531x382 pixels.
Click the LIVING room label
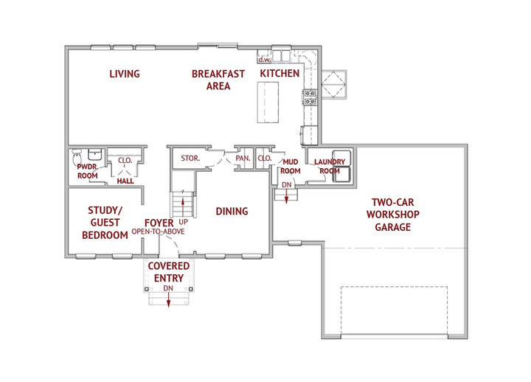125,74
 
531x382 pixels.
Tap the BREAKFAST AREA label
218,80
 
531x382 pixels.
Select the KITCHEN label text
280,74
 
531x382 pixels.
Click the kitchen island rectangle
268,103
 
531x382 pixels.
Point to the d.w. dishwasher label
265,60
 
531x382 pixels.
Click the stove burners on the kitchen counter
310,97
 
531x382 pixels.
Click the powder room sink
95,154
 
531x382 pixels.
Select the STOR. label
190,158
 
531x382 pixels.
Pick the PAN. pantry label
243,158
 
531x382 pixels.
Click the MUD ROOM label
291,167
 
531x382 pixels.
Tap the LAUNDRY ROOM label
330,166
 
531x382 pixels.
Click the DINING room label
232,212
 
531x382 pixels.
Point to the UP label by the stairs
183,222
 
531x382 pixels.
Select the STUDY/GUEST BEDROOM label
105,223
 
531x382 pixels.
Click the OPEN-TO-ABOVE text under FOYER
158,232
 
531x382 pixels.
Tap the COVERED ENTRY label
169,272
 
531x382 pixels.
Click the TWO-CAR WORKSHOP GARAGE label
393,215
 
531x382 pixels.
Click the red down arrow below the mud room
286,196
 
